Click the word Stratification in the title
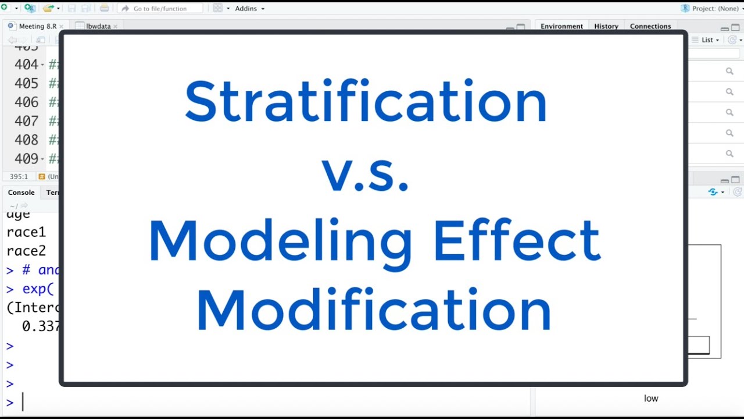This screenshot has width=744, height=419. click(x=366, y=102)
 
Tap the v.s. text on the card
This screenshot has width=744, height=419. click(x=366, y=175)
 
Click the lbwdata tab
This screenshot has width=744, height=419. click(x=98, y=26)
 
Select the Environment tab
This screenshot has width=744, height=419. click(x=561, y=26)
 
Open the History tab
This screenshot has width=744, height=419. click(x=606, y=26)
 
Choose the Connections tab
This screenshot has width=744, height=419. click(x=650, y=26)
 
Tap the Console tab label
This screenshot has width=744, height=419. click(x=21, y=193)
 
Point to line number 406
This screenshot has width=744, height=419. click(x=27, y=102)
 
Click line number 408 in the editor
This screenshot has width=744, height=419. click(x=27, y=140)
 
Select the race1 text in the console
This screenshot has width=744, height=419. click(x=26, y=233)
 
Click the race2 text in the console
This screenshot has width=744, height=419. click(x=26, y=251)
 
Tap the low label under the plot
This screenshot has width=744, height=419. click(x=651, y=399)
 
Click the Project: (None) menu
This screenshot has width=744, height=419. click(x=713, y=9)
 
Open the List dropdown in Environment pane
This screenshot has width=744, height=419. click(x=710, y=40)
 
